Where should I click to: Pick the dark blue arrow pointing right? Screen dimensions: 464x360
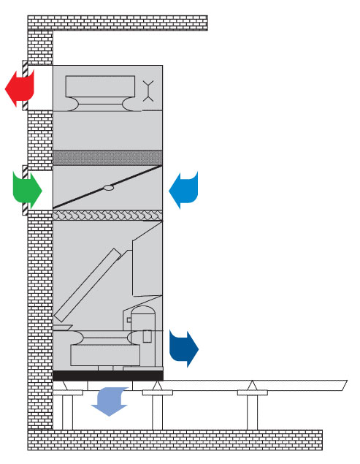point(184,348)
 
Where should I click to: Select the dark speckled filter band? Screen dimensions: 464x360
point(107,158)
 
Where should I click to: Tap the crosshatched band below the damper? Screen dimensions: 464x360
point(107,215)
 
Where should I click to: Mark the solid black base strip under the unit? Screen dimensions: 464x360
point(107,376)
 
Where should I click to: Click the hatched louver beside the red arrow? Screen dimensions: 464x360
point(25,87)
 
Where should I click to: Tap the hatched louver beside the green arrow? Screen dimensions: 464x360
point(25,189)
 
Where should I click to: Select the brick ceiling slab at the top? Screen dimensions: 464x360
point(117,22)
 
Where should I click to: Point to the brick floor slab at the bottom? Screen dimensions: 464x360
point(175,440)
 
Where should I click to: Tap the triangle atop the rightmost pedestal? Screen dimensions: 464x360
point(253,385)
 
